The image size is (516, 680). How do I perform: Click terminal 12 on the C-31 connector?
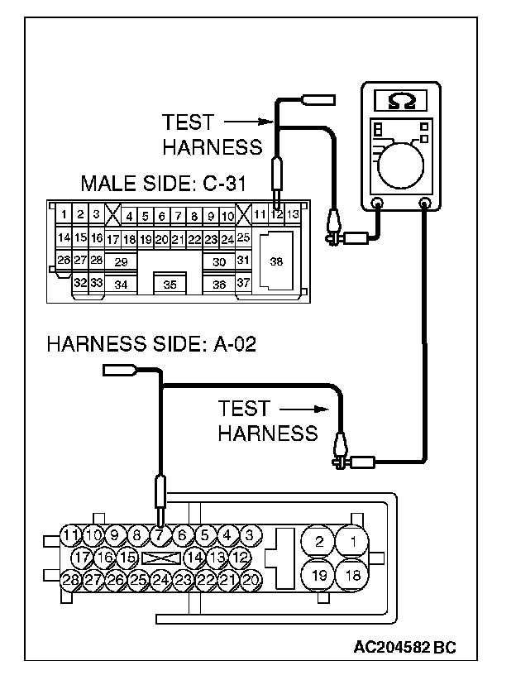[277, 215]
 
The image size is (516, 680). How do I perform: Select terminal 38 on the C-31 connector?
[276, 261]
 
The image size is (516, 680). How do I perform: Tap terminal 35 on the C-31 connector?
[170, 284]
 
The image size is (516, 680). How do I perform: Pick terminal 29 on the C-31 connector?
[121, 261]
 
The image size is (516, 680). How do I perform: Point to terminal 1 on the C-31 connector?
[64, 215]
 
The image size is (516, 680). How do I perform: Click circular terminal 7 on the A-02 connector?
[160, 535]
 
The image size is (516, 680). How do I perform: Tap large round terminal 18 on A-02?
[353, 574]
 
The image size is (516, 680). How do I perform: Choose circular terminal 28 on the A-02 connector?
[71, 580]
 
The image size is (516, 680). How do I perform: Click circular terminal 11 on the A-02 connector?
[71, 535]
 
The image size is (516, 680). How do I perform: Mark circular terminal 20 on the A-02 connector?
[251, 580]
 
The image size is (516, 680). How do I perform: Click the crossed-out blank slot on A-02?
[160, 558]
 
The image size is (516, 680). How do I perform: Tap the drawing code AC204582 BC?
[404, 646]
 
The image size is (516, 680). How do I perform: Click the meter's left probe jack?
[377, 204]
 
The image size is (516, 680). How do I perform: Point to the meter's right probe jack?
[426, 204]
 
